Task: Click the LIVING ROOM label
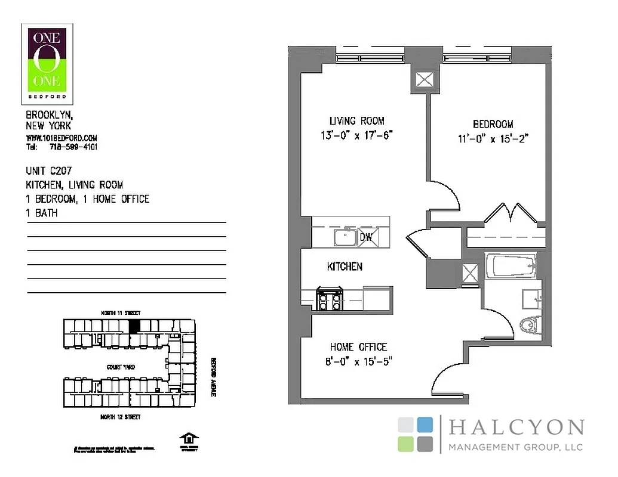point(357,120)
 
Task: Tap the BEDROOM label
point(493,124)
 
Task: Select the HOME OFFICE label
point(358,347)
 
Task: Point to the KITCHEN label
point(345,267)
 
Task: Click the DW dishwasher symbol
point(366,237)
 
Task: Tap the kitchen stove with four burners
point(328,298)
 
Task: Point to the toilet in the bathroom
point(529,326)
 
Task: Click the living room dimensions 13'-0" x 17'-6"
point(356,135)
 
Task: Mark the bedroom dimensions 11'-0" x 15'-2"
point(493,138)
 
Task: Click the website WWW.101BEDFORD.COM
point(62,138)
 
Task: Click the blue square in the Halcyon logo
point(425,425)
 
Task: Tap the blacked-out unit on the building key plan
point(135,326)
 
